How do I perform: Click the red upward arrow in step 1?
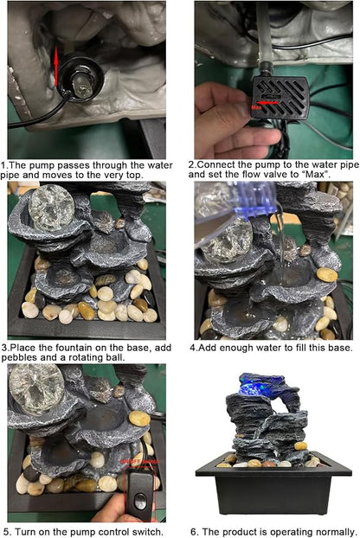[56, 67]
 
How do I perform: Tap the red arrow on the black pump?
[267, 102]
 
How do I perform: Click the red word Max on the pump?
[256, 108]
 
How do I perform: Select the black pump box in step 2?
[280, 98]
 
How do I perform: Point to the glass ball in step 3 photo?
[51, 208]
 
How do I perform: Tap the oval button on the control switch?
[140, 502]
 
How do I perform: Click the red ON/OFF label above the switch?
[139, 462]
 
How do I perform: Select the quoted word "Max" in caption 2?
[316, 175]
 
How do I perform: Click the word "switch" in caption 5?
[145, 532]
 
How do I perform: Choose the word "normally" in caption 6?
[333, 533]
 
